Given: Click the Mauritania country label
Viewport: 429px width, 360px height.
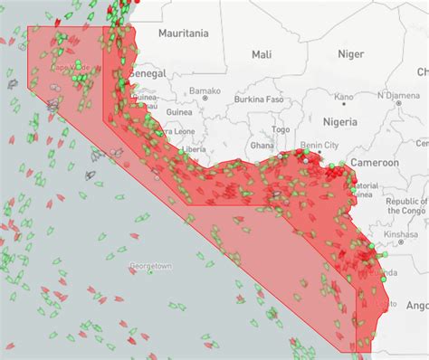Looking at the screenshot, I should (x=183, y=33).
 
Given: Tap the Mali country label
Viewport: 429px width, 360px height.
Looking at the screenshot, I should (x=262, y=55).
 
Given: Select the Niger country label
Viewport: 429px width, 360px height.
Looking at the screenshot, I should (x=350, y=54).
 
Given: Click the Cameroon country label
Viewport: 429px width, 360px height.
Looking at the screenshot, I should (x=376, y=163).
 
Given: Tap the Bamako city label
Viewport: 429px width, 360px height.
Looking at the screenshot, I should (x=205, y=90).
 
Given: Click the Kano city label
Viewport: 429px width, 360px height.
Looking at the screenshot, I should (x=344, y=97).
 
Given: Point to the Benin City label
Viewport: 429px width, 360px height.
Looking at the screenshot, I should (x=319, y=145).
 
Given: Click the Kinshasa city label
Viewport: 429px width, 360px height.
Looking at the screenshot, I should (x=399, y=233).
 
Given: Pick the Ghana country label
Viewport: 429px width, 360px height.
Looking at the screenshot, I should (x=262, y=145).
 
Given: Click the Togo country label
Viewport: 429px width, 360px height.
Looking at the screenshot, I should (x=282, y=129).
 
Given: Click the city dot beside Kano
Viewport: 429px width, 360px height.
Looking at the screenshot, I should (x=344, y=89).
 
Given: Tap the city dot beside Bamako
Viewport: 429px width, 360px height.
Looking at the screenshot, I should (x=205, y=99).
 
